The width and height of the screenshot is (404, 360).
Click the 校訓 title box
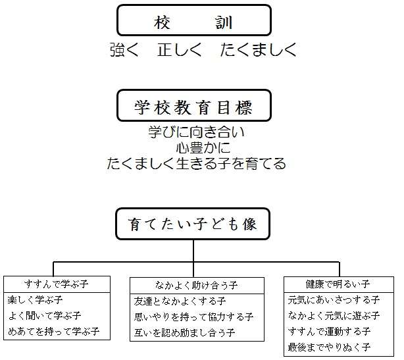point(193,20)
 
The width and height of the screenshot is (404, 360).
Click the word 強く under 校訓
point(124,51)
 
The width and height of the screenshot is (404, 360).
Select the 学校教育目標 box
point(193,105)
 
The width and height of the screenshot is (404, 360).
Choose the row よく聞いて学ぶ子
point(44,315)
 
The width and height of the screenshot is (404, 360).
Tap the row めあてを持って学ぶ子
point(53,331)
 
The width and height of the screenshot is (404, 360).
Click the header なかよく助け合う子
point(196,285)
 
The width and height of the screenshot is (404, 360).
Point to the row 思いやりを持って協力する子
point(193,317)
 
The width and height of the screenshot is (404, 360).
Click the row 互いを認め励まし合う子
point(184,332)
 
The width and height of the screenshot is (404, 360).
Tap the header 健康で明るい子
point(338,284)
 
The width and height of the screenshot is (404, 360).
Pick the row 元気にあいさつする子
point(333,299)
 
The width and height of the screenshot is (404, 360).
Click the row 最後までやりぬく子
point(329,346)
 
